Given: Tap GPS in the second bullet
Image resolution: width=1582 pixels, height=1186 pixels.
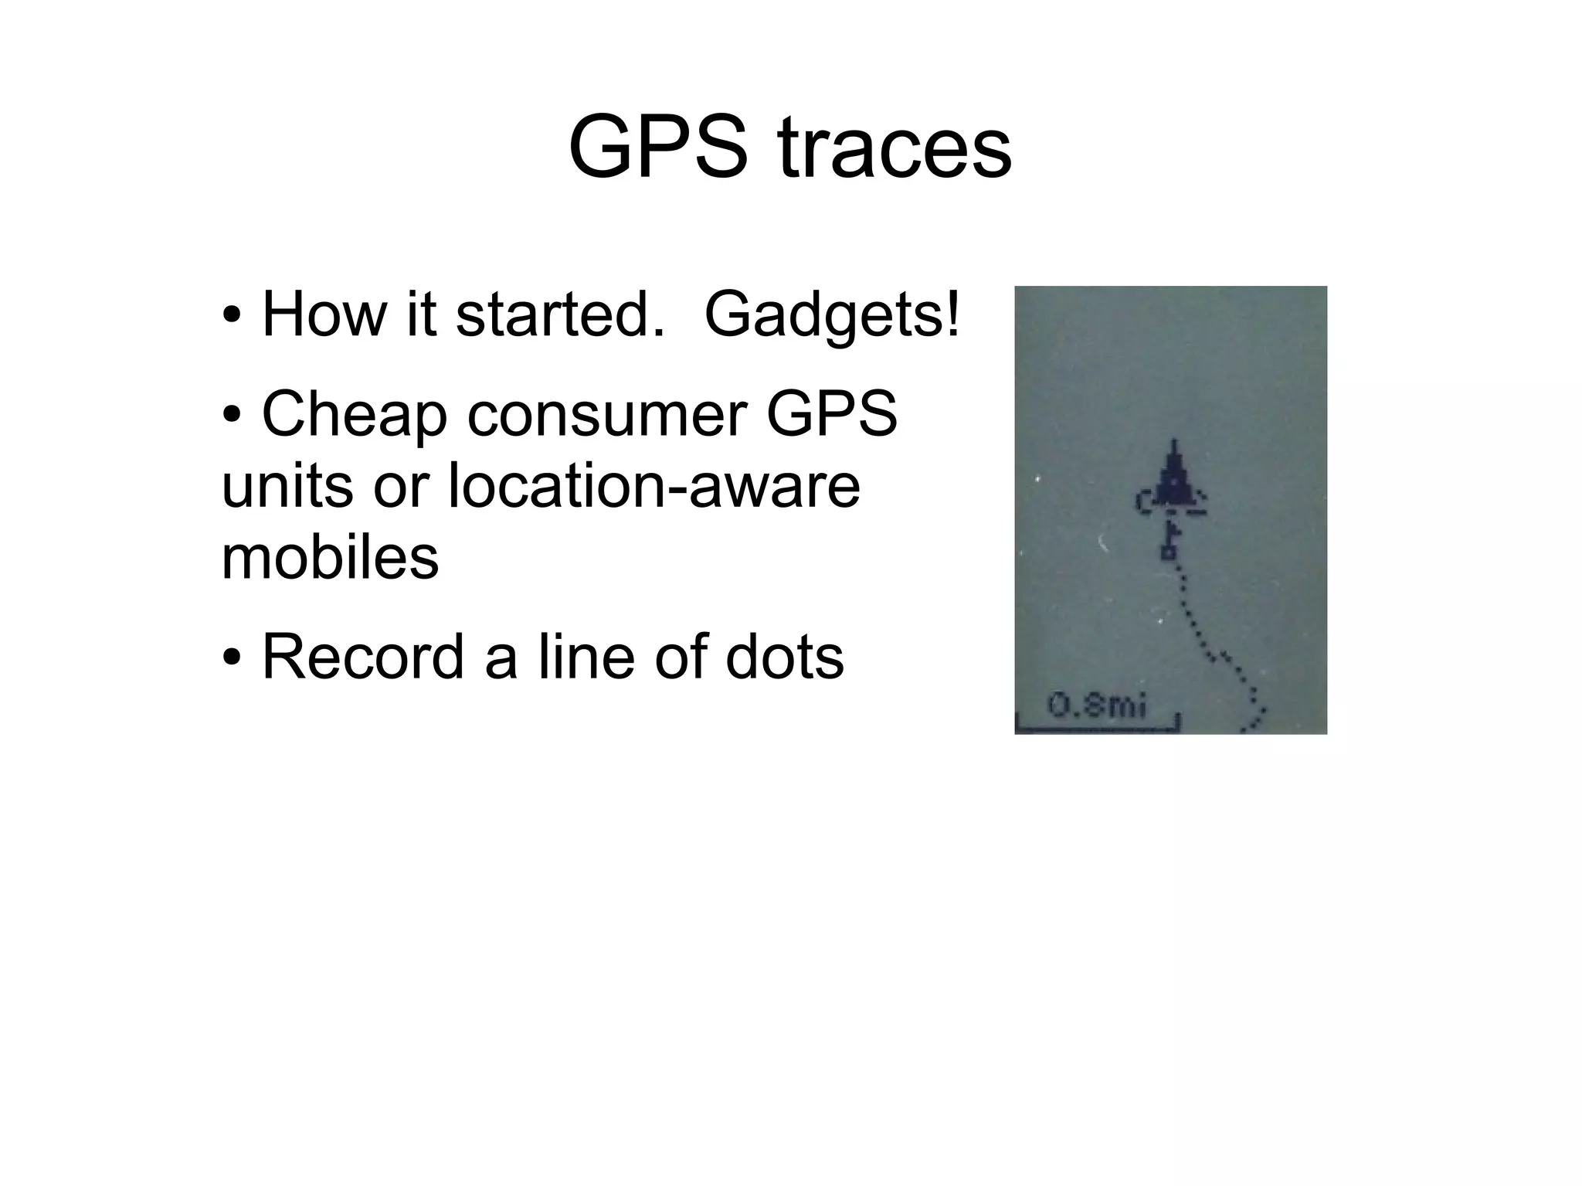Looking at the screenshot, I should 831,414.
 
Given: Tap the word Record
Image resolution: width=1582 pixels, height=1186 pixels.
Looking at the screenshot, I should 363,657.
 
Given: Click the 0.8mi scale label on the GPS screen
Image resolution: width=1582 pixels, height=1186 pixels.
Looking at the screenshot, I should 1097,705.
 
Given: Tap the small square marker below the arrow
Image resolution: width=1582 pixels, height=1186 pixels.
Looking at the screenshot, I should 1168,552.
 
